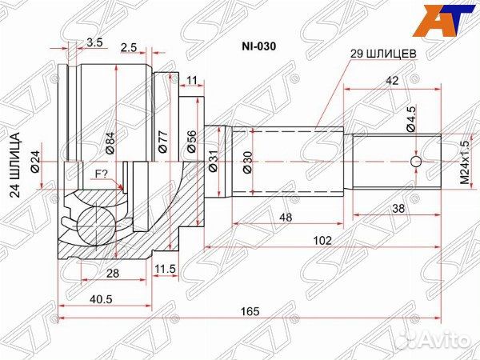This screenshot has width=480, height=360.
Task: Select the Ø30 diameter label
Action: tap(249, 162)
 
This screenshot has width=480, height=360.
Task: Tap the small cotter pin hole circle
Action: tap(415, 162)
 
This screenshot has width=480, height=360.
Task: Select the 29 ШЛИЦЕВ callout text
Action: tap(381, 54)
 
